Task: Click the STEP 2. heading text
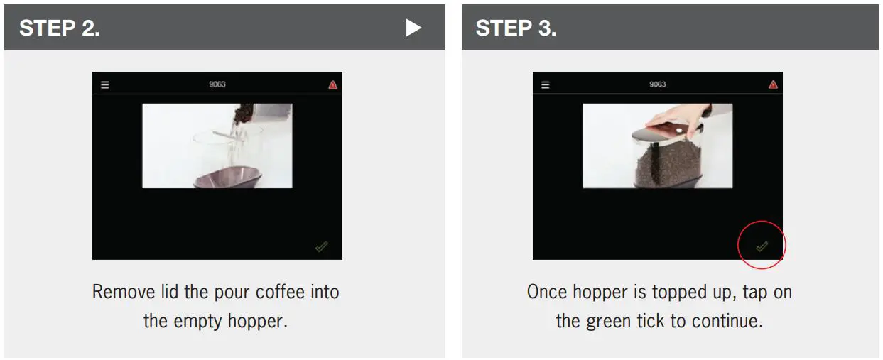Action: pyautogui.click(x=59, y=28)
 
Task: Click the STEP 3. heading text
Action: pyautogui.click(x=516, y=28)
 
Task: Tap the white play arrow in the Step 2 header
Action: pyautogui.click(x=413, y=28)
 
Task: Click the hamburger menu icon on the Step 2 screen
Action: pyautogui.click(x=105, y=84)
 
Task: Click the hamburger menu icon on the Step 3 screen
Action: pyautogui.click(x=546, y=84)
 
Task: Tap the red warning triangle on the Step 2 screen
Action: pyautogui.click(x=332, y=84)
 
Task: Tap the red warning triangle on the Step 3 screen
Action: pyautogui.click(x=773, y=84)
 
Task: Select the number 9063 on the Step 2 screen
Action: pyautogui.click(x=217, y=84)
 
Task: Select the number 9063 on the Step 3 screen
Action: pyautogui.click(x=658, y=84)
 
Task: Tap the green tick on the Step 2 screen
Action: pyautogui.click(x=322, y=246)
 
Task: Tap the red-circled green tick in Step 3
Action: pyautogui.click(x=762, y=246)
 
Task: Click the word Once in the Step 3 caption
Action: pyautogui.click(x=548, y=292)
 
